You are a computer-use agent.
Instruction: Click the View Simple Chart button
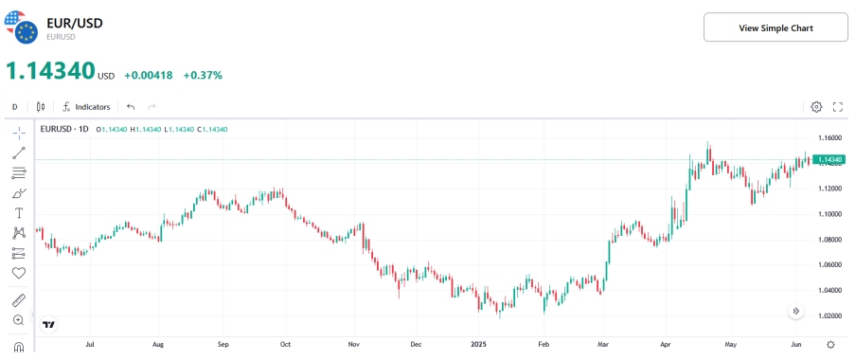776,27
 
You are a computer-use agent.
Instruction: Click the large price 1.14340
50,71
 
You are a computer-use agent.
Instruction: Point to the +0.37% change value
203,75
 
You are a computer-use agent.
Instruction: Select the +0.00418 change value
149,75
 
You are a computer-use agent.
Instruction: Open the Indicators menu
86,107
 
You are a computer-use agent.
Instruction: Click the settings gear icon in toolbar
816,107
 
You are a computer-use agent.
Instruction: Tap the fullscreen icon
837,107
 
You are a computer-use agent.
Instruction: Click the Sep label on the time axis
223,345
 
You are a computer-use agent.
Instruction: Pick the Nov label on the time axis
352,345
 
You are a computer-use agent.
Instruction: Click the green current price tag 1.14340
829,159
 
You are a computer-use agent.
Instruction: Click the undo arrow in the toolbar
131,107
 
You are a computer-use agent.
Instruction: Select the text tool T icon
19,213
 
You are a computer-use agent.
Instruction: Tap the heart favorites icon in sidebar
19,273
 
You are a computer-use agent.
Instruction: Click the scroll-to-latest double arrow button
795,311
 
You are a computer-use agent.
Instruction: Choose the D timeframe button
14,107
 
